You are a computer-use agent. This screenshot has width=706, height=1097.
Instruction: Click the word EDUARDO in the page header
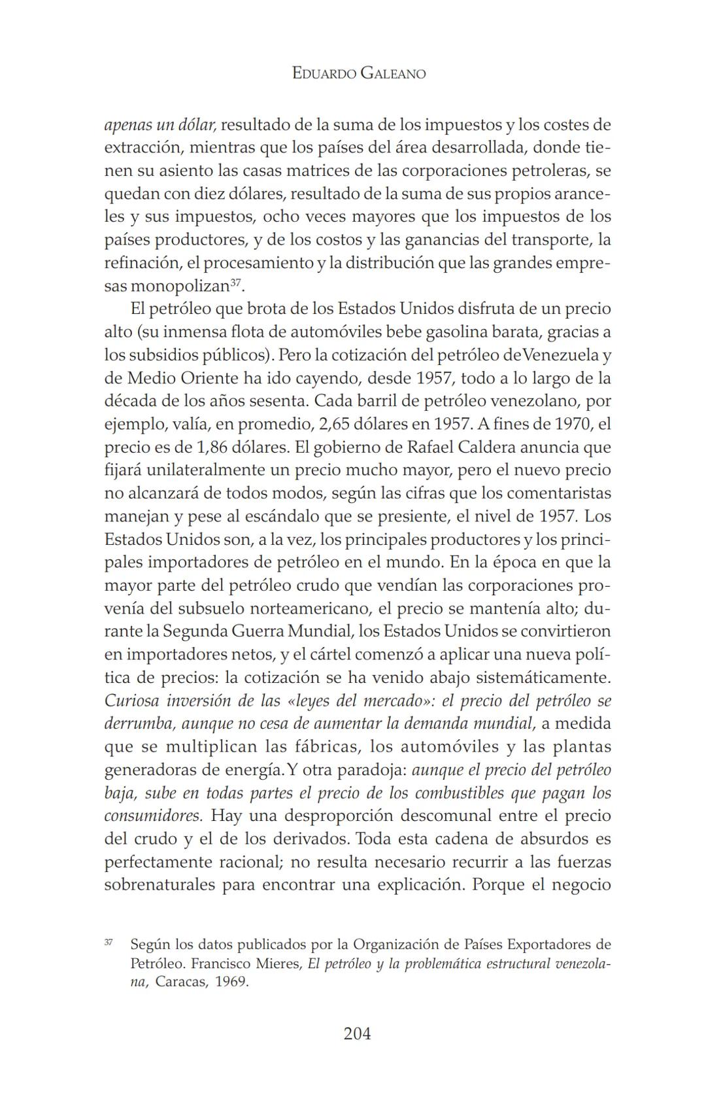coord(323,73)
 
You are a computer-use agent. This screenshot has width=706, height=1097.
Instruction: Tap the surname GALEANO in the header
coord(392,73)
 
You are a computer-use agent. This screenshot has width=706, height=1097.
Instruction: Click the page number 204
coord(357,1034)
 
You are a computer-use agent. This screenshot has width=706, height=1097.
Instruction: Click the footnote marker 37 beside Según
coord(109,943)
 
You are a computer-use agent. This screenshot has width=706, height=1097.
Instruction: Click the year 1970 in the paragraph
coord(571,424)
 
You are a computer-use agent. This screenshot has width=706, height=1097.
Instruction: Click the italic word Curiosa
coord(131,701)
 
